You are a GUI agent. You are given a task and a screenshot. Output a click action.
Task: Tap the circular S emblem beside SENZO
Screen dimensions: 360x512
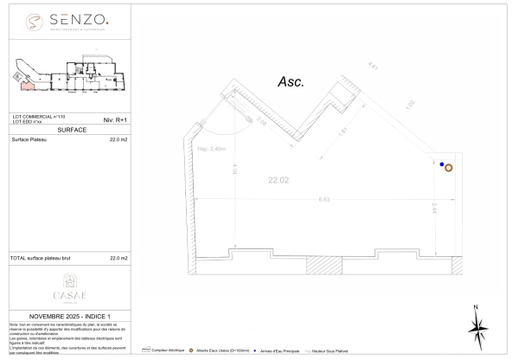(x=33, y=19)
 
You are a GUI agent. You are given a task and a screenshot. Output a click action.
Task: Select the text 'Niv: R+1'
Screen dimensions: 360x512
(x=115, y=119)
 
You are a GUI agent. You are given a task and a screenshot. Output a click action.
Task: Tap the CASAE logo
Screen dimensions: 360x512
(x=70, y=285)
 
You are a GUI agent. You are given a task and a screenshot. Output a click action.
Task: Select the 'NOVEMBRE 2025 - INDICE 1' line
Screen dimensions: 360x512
(x=70, y=316)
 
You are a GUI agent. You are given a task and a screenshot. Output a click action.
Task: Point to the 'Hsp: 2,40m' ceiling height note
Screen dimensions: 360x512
(x=212, y=149)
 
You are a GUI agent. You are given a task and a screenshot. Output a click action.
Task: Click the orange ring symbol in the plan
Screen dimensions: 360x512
(x=448, y=168)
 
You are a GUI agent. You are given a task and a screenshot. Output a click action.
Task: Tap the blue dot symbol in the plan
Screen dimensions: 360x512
(x=441, y=164)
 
